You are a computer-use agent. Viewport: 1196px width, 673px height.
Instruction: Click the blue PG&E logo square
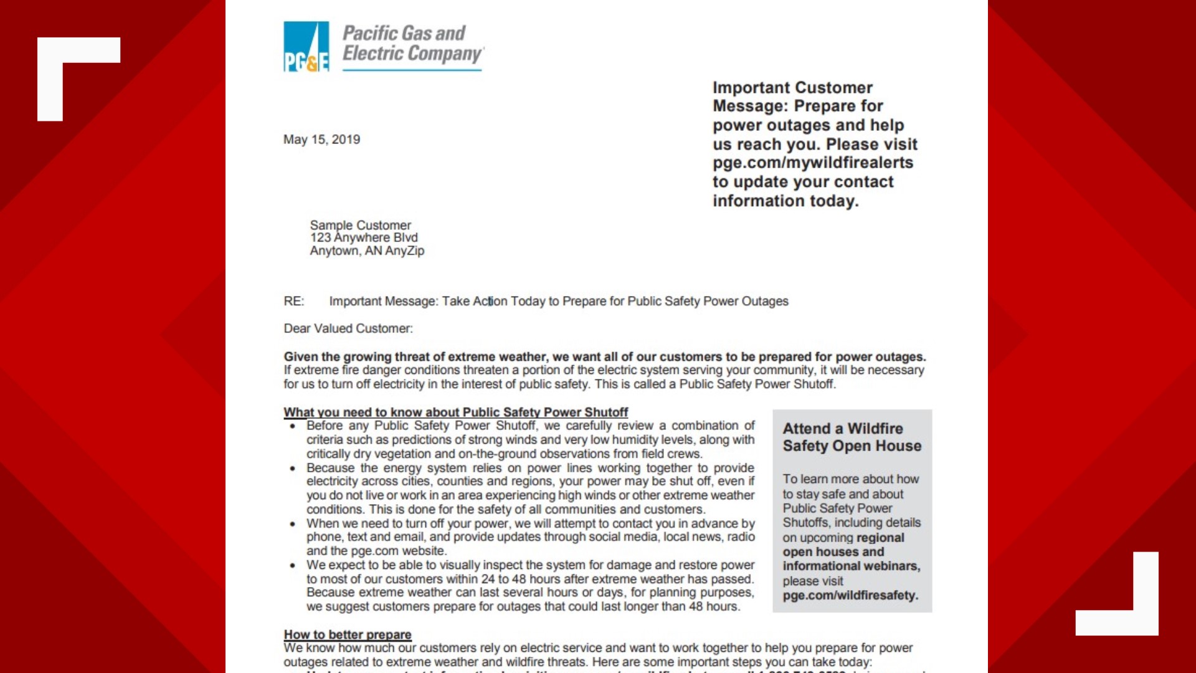pyautogui.click(x=306, y=47)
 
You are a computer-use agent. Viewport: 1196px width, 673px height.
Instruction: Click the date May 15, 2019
pyautogui.click(x=321, y=140)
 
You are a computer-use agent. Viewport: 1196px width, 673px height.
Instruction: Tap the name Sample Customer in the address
pyautogui.click(x=360, y=225)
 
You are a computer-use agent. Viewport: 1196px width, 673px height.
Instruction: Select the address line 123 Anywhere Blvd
pyautogui.click(x=364, y=237)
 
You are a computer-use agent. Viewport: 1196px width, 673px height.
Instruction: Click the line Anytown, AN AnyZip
pyautogui.click(x=367, y=251)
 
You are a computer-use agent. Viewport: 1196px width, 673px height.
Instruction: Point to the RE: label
pyautogui.click(x=294, y=302)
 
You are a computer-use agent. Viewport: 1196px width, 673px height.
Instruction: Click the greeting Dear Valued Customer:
pyautogui.click(x=348, y=328)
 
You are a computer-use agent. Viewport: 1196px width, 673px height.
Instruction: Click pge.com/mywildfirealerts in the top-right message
pyautogui.click(x=813, y=163)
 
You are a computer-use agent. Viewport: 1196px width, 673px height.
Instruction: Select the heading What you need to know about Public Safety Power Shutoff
pyautogui.click(x=455, y=412)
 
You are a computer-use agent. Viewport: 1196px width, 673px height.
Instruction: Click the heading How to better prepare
pyautogui.click(x=348, y=634)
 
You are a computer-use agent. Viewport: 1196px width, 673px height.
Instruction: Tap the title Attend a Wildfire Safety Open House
pyautogui.click(x=852, y=437)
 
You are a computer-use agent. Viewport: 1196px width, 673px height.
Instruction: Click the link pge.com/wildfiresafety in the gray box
pyautogui.click(x=850, y=595)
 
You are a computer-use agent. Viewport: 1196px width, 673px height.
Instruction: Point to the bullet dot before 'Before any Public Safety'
pyautogui.click(x=292, y=426)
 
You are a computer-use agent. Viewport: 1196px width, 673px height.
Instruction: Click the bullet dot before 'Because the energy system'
pyautogui.click(x=292, y=469)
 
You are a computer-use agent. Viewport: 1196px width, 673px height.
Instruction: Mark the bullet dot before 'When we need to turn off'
pyautogui.click(x=292, y=524)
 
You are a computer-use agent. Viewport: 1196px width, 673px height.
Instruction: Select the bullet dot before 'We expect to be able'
pyautogui.click(x=292, y=566)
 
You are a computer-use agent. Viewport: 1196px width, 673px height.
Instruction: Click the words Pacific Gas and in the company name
pyautogui.click(x=404, y=33)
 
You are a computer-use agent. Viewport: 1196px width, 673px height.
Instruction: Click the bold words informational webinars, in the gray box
pyautogui.click(x=851, y=566)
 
